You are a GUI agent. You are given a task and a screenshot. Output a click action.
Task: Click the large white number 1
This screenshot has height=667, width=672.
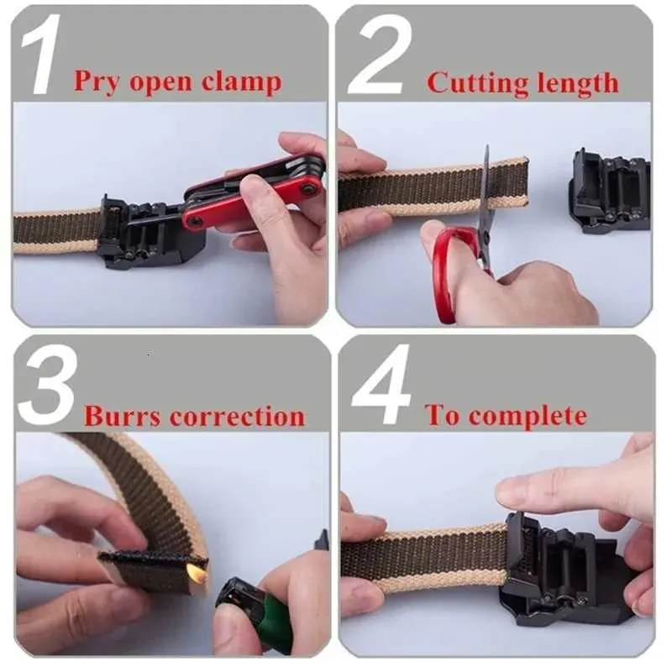40,54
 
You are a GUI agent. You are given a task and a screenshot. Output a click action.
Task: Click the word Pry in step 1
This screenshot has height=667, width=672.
97,81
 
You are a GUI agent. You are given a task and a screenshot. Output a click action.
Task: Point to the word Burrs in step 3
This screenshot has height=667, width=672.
122,415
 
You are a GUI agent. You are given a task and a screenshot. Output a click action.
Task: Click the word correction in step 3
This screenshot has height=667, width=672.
238,415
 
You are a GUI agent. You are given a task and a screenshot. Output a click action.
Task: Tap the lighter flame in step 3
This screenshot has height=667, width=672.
195,571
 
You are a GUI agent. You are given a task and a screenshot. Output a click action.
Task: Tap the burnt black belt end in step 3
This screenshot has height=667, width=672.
152,559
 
